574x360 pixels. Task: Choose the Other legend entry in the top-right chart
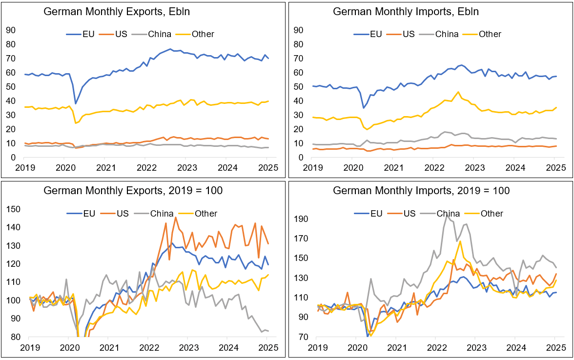[x=490, y=34]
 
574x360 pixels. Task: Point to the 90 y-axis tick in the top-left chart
[x=11, y=30]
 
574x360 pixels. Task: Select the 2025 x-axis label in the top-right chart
[x=555, y=168]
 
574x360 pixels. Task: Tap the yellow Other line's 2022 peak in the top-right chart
[x=458, y=92]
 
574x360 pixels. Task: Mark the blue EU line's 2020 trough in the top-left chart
[x=76, y=103]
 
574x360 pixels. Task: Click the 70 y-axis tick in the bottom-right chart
[x=304, y=337]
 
